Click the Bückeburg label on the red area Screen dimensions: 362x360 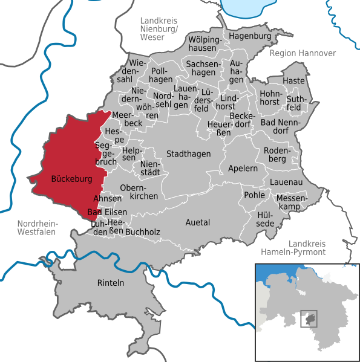[x=71, y=180]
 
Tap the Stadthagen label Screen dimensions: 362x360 [x=188, y=154]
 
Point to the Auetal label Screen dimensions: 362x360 [x=198, y=222]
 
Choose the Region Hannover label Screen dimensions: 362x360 [x=302, y=53]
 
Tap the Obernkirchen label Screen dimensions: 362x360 [x=139, y=192]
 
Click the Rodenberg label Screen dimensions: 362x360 [x=279, y=155]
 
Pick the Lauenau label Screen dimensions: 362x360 [x=286, y=181]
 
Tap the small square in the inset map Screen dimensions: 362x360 [x=309, y=319]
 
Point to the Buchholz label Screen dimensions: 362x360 [x=143, y=231]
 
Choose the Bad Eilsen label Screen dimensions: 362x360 [x=107, y=212]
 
